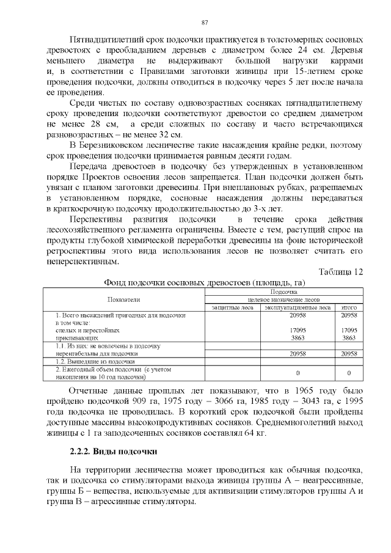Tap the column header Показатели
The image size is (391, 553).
[x=124, y=299]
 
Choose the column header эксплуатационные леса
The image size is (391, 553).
[x=298, y=307]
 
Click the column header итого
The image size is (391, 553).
[x=349, y=307]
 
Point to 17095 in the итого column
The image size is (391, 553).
[x=349, y=330]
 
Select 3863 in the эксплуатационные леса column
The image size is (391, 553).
[x=298, y=337]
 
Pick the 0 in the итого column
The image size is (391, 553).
[x=349, y=372]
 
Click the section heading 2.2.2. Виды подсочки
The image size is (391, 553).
[x=114, y=452]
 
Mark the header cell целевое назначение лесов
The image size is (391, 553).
[x=283, y=300]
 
